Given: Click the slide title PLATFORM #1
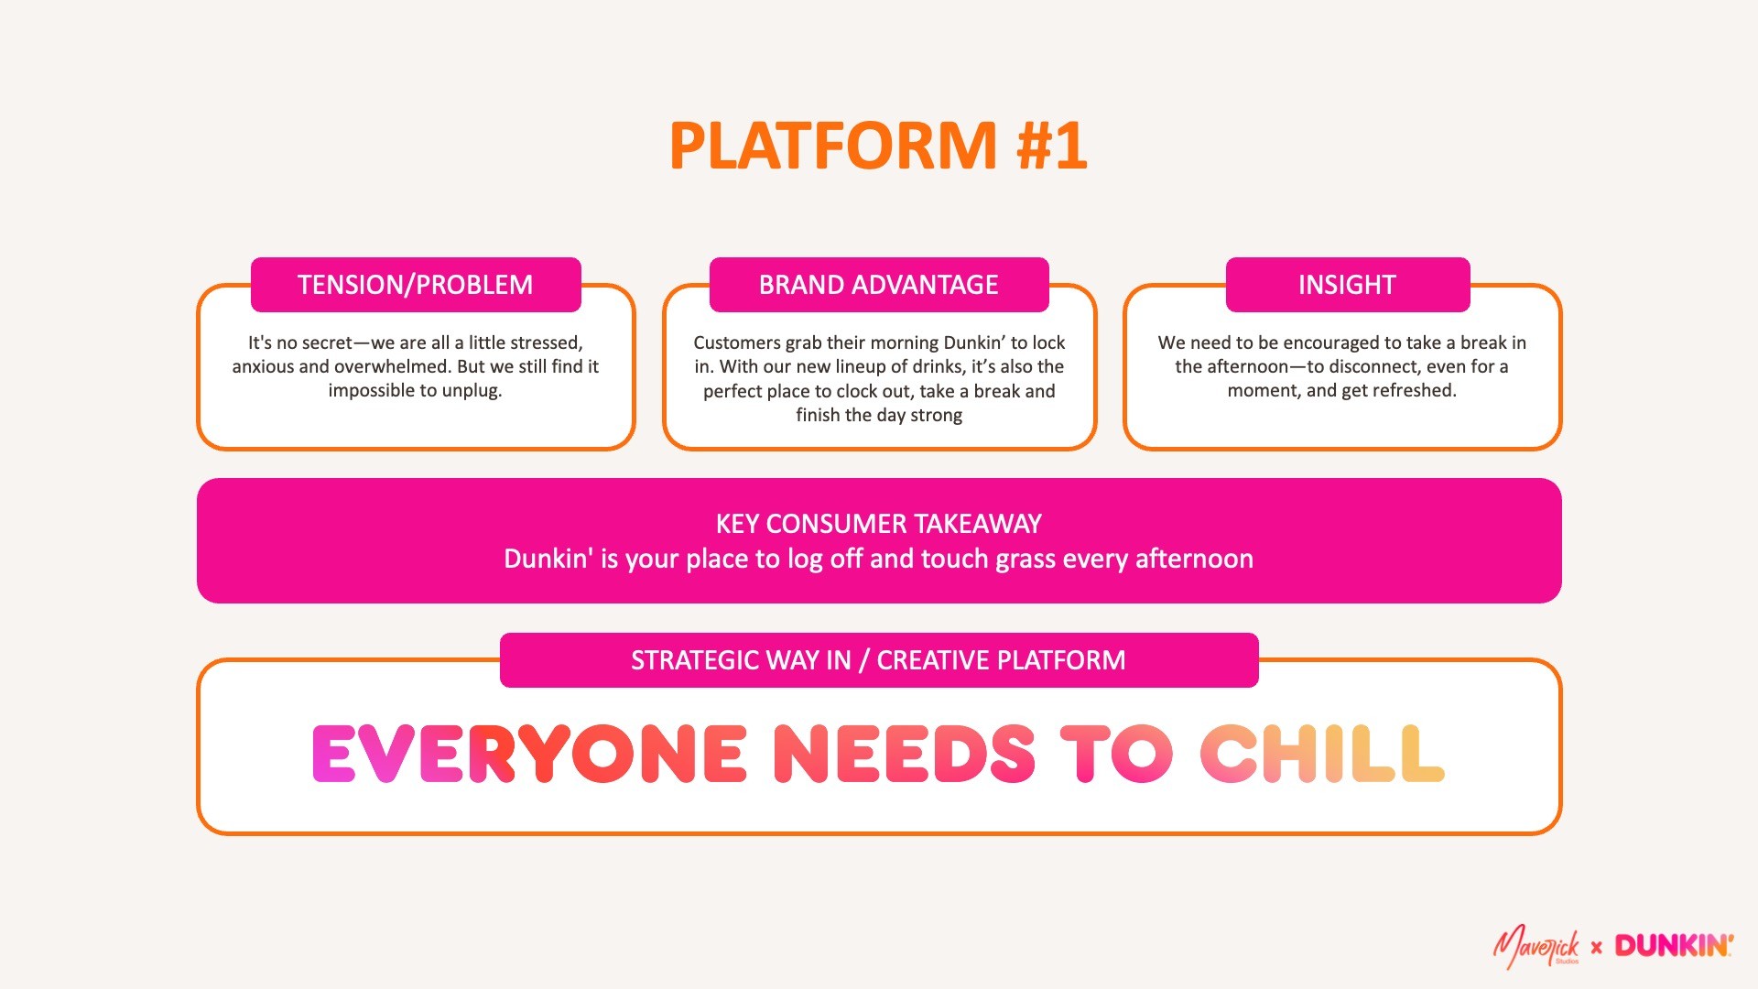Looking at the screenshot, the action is (878, 147).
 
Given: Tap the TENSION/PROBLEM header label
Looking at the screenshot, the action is (415, 285).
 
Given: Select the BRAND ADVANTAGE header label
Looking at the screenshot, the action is (878, 285).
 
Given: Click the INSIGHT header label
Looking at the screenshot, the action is (1347, 285).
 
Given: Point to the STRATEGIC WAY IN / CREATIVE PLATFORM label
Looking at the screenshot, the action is (878, 660).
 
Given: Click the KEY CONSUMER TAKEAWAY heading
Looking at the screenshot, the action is (878, 524).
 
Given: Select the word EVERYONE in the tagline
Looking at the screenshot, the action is (529, 754).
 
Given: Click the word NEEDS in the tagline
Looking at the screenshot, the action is (904, 754).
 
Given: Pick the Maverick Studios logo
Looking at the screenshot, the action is (1536, 947).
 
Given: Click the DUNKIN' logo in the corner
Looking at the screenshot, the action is (1673, 946).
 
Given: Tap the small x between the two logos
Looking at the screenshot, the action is (1597, 947).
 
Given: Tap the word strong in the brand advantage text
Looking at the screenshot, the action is (936, 415).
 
